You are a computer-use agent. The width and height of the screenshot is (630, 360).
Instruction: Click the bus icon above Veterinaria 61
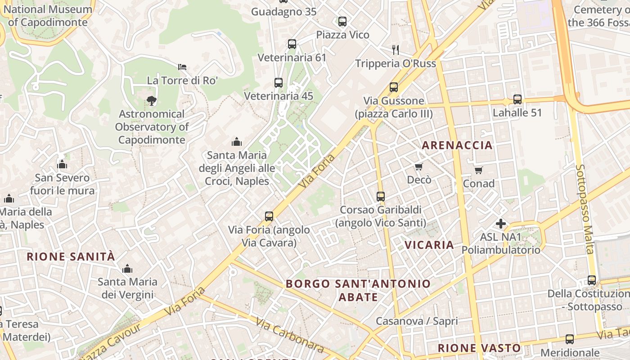pyautogui.click(x=292, y=44)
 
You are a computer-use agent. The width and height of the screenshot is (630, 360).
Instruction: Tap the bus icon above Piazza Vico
pyautogui.click(x=342, y=21)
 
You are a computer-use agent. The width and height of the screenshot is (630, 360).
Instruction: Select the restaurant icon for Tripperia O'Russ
pyautogui.click(x=396, y=49)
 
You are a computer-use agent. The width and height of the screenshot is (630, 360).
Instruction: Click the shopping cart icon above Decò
pyautogui.click(x=419, y=167)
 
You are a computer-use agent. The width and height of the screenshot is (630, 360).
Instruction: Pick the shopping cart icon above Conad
pyautogui.click(x=479, y=170)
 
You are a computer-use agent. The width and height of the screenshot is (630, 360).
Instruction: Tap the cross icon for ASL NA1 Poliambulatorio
pyautogui.click(x=501, y=224)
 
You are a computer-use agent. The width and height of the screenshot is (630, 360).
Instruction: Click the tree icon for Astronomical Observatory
pyautogui.click(x=152, y=101)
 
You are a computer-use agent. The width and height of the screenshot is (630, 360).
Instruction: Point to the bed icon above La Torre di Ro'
pyautogui.click(x=182, y=67)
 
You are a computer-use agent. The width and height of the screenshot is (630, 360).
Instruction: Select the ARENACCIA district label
pyautogui.click(x=457, y=145)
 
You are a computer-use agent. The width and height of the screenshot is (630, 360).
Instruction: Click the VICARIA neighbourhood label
pyautogui.click(x=429, y=245)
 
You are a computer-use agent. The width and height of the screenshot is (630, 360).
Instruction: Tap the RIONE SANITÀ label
pyautogui.click(x=71, y=257)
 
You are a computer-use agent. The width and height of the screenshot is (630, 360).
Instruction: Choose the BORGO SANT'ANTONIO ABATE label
pyautogui.click(x=358, y=290)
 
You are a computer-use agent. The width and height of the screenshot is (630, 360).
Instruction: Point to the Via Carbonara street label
pyautogui.click(x=290, y=335)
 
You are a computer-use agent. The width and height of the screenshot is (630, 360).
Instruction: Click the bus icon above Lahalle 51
pyautogui.click(x=517, y=99)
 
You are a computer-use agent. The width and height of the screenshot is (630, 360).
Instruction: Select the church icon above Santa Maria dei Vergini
pyautogui.click(x=127, y=269)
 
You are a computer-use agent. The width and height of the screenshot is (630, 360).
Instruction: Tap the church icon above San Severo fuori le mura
pyautogui.click(x=63, y=165)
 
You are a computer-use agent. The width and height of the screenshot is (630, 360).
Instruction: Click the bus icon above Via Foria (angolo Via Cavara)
pyautogui.click(x=269, y=216)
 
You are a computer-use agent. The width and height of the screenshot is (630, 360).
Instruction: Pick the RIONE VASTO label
pyautogui.click(x=479, y=348)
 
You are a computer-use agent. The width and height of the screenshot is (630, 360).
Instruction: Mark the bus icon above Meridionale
pyautogui.click(x=570, y=339)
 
